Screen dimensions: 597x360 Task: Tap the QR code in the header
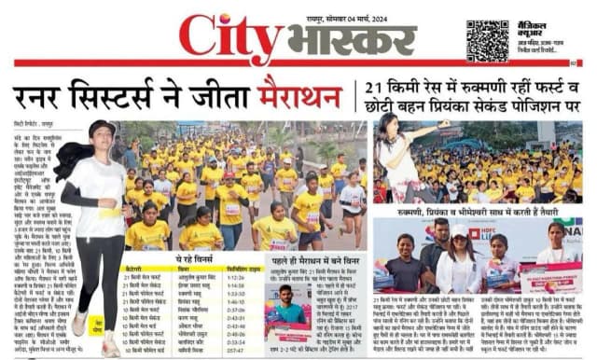coord(488,40)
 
